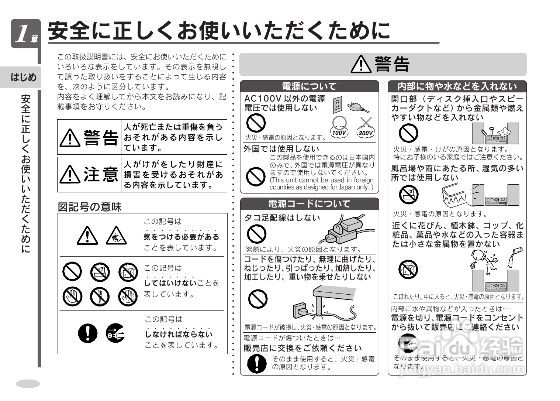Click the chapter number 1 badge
coord(25,34)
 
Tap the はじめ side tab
coord(24,77)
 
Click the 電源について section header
coord(309,86)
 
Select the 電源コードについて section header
coord(309,204)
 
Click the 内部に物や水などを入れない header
coord(457,86)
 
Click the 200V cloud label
coord(365,133)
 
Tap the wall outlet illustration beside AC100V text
coord(337,105)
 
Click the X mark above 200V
coord(366,121)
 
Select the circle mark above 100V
coord(339,122)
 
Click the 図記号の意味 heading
coord(90,207)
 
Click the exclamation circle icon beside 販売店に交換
coord(257,363)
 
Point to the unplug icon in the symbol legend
coord(115,333)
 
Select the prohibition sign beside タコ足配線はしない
coord(256,234)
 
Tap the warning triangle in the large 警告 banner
coord(361,64)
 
